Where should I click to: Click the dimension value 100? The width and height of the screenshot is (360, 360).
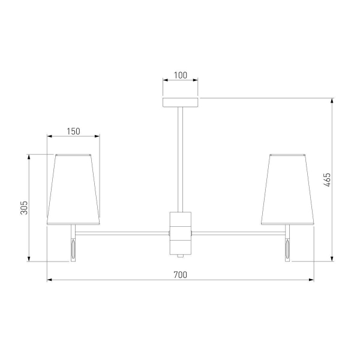click(x=181, y=75)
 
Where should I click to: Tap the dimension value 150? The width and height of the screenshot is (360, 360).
click(x=73, y=131)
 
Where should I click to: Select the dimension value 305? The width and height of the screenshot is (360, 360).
click(x=24, y=208)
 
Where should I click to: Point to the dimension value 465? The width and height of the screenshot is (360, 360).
click(x=327, y=180)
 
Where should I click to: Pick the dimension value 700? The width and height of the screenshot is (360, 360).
click(x=181, y=275)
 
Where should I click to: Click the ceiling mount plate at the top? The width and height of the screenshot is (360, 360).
click(x=181, y=103)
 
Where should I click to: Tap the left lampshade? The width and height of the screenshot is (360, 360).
click(x=73, y=190)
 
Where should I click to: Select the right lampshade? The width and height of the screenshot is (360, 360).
click(x=287, y=190)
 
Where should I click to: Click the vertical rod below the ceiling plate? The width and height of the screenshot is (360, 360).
click(x=181, y=160)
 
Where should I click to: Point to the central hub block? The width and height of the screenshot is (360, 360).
click(x=181, y=233)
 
